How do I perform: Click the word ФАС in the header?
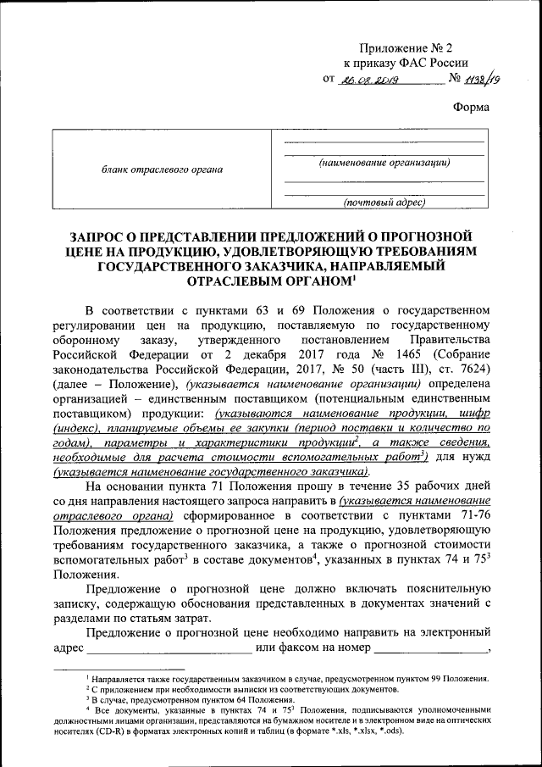[x=421, y=64]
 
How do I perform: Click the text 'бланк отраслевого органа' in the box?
[x=163, y=170]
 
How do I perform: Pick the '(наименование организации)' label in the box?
[x=384, y=162]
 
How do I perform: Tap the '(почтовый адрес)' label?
[x=384, y=202]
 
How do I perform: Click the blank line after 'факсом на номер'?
[x=431, y=650]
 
